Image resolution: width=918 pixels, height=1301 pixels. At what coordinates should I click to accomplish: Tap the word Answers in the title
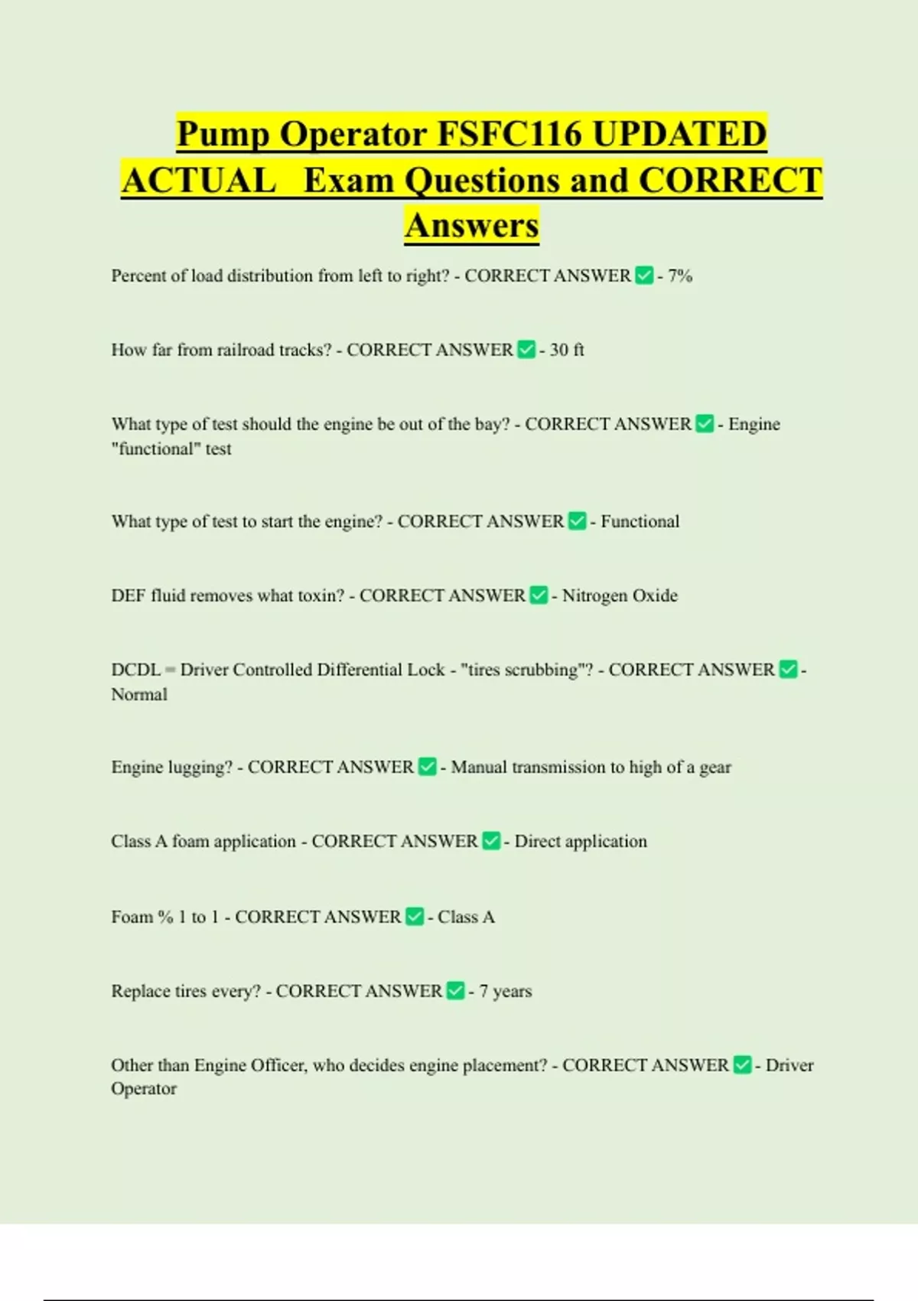[472, 225]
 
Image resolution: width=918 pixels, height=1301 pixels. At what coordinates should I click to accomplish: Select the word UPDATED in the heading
[679, 134]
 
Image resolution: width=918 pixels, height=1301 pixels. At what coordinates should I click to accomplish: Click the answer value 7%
[680, 276]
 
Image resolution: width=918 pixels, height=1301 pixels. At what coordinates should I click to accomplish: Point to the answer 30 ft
[567, 350]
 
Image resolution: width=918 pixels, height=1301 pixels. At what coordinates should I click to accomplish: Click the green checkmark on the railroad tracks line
[526, 350]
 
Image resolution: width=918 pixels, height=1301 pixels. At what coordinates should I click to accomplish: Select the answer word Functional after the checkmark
[640, 521]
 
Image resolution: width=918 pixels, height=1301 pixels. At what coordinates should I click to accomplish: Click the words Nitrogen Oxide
[620, 595]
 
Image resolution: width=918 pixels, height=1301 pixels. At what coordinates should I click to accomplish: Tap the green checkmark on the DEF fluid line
[539, 595]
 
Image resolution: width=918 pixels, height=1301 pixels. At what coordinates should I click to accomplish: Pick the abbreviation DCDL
[136, 670]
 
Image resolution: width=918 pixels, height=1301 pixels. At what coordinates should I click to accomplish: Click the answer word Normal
[139, 694]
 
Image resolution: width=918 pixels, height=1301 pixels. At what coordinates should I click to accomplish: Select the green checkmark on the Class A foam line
[491, 841]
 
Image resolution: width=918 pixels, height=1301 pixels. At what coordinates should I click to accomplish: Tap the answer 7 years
[506, 991]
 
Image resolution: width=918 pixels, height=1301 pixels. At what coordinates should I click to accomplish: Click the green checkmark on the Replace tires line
[455, 991]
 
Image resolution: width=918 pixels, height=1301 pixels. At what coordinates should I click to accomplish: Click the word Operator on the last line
[144, 1089]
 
